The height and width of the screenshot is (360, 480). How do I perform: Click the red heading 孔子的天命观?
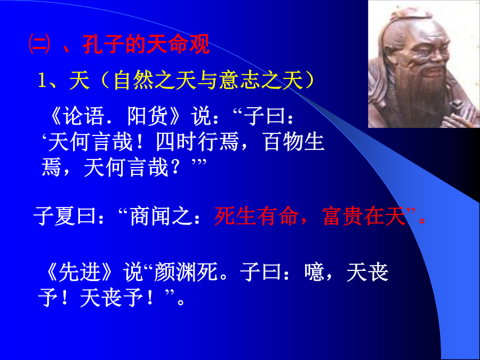pyautogui.click(x=146, y=44)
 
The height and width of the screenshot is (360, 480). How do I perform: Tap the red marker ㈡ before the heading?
pyautogui.click(x=39, y=44)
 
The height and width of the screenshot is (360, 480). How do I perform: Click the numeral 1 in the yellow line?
pyautogui.click(x=42, y=81)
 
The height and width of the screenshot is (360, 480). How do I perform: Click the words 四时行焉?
pyautogui.click(x=197, y=142)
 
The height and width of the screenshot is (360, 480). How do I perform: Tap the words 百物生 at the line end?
pyautogui.click(x=294, y=142)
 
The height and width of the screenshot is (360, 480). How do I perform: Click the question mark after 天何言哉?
pyautogui.click(x=175, y=168)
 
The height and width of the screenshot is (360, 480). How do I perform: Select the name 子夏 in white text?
pyautogui.click(x=54, y=216)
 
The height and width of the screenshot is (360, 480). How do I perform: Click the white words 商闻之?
pyautogui.click(x=160, y=216)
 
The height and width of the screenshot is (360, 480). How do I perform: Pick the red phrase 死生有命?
pyautogui.click(x=256, y=216)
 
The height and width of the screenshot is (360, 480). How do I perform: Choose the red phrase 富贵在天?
pyautogui.click(x=364, y=216)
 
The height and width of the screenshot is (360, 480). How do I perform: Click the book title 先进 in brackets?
pyautogui.click(x=79, y=272)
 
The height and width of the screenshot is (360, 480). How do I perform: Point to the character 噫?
pyautogui.click(x=314, y=272)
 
